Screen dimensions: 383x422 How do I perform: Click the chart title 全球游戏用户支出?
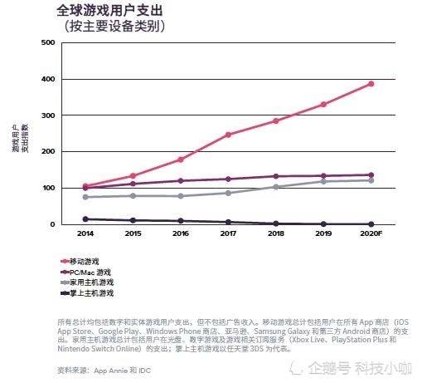110,12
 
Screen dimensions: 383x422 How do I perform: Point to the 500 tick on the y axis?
47,42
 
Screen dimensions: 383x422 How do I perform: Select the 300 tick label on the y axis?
47,115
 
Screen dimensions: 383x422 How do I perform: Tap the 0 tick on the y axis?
52,224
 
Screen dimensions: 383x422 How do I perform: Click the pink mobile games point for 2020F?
371,84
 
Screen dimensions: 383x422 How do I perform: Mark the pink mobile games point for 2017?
228,135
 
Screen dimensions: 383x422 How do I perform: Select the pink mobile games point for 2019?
323,105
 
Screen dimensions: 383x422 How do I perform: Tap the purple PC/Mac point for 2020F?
371,175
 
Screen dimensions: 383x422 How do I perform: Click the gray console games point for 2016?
181,196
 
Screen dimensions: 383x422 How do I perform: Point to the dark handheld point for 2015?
133,220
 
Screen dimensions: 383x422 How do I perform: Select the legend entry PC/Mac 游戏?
90,273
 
